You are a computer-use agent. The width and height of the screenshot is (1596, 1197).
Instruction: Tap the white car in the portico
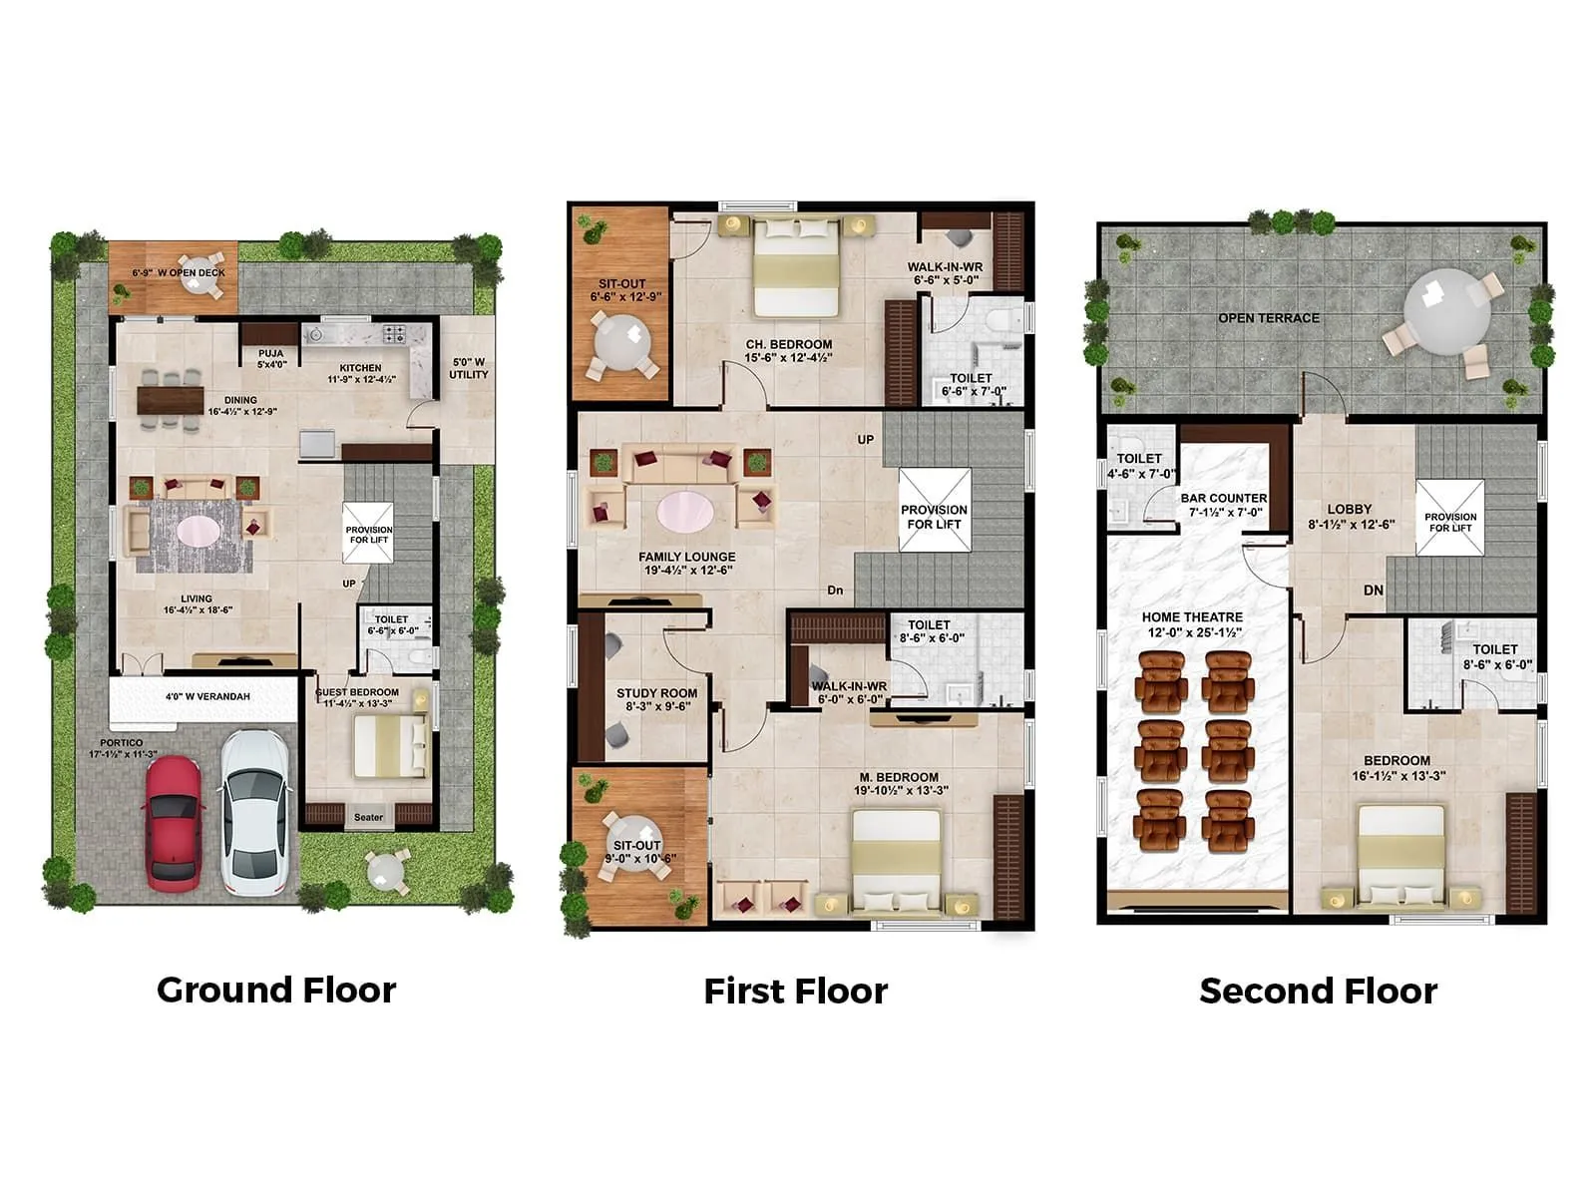tap(255, 810)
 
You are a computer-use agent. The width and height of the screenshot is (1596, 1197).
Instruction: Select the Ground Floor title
tap(276, 990)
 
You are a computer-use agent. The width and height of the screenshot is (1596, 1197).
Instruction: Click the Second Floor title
tap(1318, 991)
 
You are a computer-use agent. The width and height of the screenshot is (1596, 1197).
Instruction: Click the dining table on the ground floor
tap(170, 399)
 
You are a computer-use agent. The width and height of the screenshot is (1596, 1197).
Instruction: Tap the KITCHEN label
tap(360, 368)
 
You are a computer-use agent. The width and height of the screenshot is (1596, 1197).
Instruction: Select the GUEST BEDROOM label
tap(357, 692)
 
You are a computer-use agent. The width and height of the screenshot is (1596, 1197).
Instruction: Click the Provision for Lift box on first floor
tap(934, 511)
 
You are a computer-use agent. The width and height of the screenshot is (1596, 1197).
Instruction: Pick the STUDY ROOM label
tap(656, 693)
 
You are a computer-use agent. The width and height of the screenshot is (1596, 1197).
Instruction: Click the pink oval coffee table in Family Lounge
tap(685, 512)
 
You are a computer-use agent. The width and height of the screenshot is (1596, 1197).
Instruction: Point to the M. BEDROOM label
tap(899, 777)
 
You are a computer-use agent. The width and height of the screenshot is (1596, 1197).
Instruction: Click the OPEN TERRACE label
tap(1268, 318)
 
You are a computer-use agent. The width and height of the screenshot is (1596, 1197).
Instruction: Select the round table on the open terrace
tap(1446, 310)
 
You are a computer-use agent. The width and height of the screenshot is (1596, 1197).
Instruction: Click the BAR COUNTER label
tap(1223, 498)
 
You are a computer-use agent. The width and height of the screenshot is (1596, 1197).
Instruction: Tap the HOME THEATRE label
tap(1192, 617)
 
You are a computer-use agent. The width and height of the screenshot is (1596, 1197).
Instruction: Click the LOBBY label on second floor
tap(1350, 509)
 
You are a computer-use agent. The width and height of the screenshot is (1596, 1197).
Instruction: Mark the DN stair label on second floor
tap(1373, 591)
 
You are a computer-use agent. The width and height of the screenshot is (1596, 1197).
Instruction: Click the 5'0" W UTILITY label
tap(468, 368)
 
